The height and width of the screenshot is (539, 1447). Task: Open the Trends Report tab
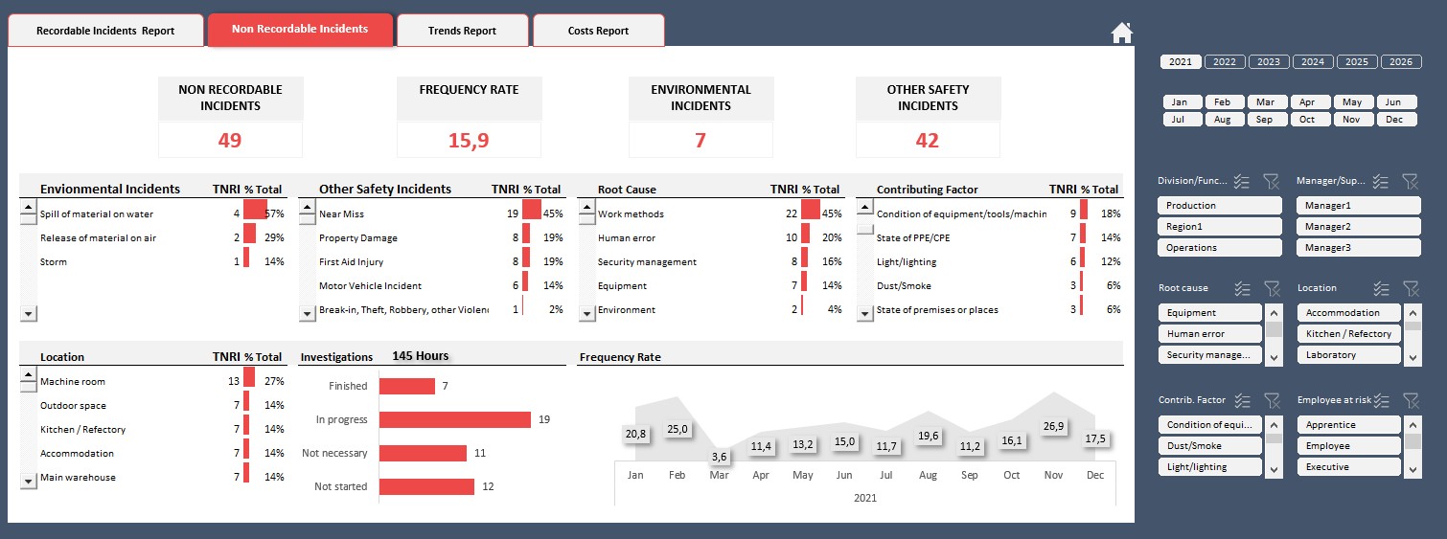(x=462, y=31)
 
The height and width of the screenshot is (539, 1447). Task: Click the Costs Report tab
(x=598, y=31)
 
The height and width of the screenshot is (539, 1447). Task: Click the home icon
(x=1121, y=33)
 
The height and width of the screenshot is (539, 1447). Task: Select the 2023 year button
(x=1268, y=61)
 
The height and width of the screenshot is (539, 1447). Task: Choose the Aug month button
(x=1222, y=120)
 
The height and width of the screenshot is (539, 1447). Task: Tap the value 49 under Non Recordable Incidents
(x=230, y=140)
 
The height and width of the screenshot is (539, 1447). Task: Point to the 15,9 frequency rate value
(x=469, y=140)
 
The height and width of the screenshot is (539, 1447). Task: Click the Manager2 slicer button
(x=1358, y=227)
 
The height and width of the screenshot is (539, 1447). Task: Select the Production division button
(x=1219, y=206)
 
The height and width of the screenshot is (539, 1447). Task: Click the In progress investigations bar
(x=454, y=419)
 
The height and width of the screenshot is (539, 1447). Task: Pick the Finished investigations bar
(x=406, y=386)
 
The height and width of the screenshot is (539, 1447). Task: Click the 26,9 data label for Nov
(x=1052, y=426)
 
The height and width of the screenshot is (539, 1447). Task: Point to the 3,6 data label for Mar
(x=719, y=457)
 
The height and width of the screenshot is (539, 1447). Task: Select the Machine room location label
(x=73, y=382)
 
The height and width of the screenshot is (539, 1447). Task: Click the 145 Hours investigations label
(x=420, y=356)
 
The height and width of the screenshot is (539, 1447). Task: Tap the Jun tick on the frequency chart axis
(x=844, y=475)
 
